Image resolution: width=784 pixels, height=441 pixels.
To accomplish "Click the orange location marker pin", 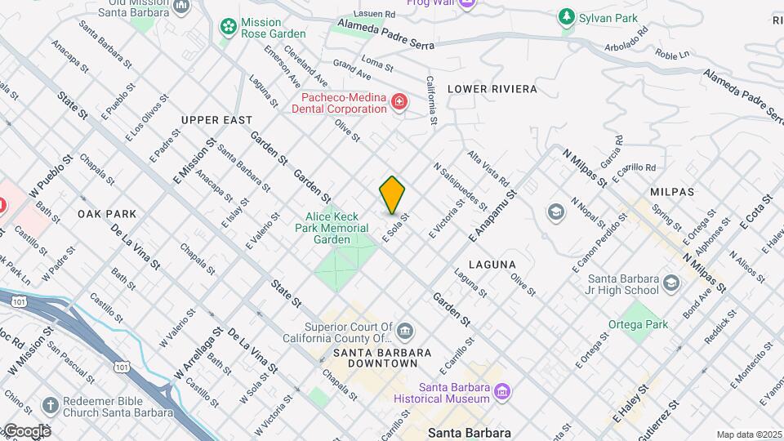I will click(x=393, y=195).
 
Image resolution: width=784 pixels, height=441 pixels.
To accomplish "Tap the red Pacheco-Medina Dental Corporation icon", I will click(x=399, y=102).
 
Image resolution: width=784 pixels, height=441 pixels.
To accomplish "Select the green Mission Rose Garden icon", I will click(x=228, y=27).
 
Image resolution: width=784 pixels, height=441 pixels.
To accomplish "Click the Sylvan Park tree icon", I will click(x=566, y=17).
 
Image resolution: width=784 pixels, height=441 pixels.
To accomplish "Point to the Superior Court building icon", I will click(x=406, y=331).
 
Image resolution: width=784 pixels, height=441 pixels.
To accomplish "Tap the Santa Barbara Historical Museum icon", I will click(x=503, y=393).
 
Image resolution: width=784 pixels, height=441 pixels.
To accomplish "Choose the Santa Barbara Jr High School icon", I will click(x=671, y=283).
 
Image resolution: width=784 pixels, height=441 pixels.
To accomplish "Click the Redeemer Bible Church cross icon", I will click(x=50, y=406).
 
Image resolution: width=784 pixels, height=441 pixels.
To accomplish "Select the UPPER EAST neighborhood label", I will click(x=217, y=120).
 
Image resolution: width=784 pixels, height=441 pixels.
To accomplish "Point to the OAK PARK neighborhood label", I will click(x=107, y=213).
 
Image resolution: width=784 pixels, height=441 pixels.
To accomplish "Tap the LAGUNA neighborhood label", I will click(x=492, y=265).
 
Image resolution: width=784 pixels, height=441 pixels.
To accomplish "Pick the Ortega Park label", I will click(x=638, y=324).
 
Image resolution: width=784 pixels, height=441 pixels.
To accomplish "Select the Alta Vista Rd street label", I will click(x=488, y=168).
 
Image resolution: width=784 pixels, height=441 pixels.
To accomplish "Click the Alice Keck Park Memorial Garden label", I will click(x=338, y=228).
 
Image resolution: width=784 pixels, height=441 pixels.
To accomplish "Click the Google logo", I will click(x=26, y=430).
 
